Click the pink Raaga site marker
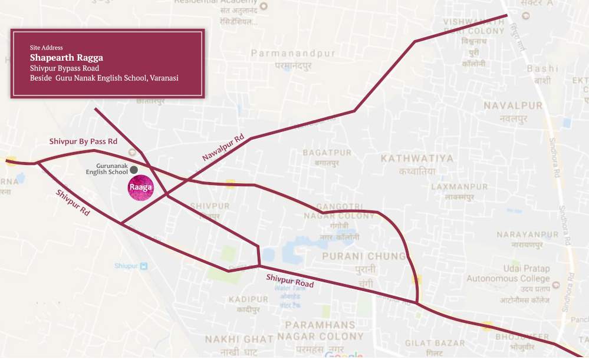(x=141, y=188)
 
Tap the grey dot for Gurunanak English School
(x=134, y=170)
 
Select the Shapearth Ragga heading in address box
(x=67, y=58)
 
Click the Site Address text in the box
(x=47, y=47)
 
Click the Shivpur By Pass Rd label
(x=83, y=141)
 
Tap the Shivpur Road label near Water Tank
(x=289, y=280)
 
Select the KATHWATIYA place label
(x=417, y=158)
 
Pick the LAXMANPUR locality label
(x=468, y=187)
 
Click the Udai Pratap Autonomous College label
(x=508, y=273)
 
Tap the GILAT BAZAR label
(x=435, y=343)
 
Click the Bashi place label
(x=542, y=69)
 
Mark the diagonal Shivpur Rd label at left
(x=73, y=203)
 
